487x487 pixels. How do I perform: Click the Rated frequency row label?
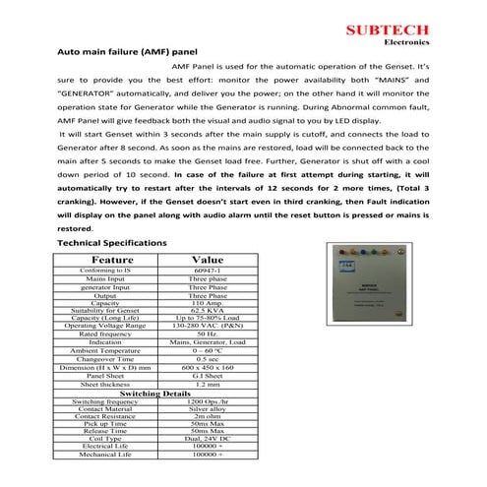105,335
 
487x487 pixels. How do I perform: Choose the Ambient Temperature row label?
105,350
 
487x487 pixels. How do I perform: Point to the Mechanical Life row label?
105,457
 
